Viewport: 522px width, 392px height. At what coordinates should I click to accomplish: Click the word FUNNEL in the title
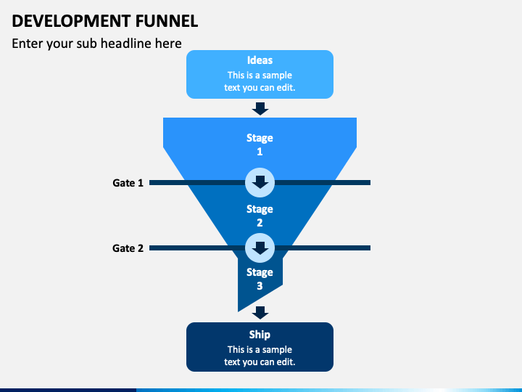[167, 21]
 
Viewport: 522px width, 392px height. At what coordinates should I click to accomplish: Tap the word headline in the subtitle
[125, 44]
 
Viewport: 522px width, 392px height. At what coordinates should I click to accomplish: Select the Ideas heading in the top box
[260, 60]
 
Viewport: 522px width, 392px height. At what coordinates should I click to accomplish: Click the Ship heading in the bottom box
[260, 335]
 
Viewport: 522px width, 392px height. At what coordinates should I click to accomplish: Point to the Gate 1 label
[128, 183]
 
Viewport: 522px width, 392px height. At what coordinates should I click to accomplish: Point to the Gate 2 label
[128, 248]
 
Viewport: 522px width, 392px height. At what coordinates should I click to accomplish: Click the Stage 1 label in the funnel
[260, 144]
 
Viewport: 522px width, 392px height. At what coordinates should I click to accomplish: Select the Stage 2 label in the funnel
[260, 216]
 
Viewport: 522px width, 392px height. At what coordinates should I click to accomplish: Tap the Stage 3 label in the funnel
[260, 279]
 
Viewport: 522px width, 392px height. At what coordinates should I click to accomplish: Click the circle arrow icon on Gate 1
[260, 183]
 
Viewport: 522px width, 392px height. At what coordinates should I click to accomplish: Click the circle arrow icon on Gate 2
[260, 248]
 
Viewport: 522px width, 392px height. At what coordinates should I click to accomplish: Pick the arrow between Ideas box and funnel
[260, 109]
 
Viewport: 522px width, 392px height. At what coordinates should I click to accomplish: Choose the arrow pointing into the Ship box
[260, 313]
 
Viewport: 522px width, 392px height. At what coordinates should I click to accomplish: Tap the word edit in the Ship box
[286, 362]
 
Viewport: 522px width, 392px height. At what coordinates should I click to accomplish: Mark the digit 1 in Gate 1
[141, 183]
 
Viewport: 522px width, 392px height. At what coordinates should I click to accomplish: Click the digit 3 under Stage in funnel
[260, 286]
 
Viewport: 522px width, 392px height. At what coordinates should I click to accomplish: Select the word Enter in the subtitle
[28, 44]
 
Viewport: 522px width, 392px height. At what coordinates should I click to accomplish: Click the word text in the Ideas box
[232, 88]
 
